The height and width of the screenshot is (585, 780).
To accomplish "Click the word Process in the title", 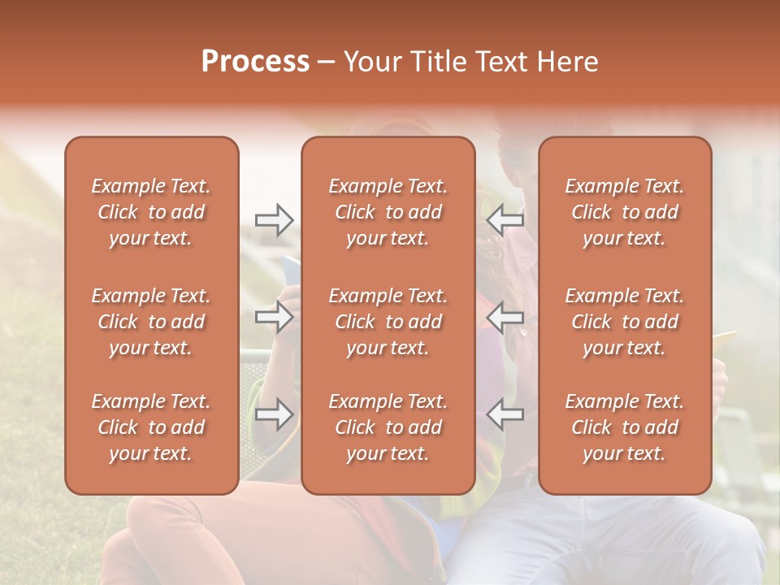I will click(x=255, y=62).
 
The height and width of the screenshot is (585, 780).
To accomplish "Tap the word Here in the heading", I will click(x=568, y=62).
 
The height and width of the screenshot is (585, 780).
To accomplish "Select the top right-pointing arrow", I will click(x=274, y=220).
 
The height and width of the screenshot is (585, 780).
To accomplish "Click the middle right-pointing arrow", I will click(x=274, y=317).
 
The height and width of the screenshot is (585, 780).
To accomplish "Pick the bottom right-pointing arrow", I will click(x=274, y=414).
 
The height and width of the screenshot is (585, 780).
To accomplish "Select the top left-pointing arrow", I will click(x=505, y=220).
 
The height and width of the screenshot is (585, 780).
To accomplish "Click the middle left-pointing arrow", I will click(x=505, y=317).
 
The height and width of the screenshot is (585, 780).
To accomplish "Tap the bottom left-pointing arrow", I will click(x=505, y=414).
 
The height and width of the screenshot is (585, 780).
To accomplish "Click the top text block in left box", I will click(x=151, y=212).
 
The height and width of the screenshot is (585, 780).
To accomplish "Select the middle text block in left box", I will click(x=151, y=322).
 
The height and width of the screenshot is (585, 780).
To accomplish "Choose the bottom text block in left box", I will click(x=151, y=427).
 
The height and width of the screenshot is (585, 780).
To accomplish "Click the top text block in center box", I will click(x=388, y=212).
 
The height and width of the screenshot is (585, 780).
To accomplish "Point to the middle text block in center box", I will click(x=388, y=322).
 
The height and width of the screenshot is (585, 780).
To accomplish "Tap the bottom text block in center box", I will click(x=388, y=427).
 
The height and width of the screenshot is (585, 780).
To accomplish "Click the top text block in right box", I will click(x=624, y=212).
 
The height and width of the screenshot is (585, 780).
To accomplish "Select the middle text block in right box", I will click(x=624, y=322).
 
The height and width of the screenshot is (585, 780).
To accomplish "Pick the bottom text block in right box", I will click(x=624, y=427).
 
